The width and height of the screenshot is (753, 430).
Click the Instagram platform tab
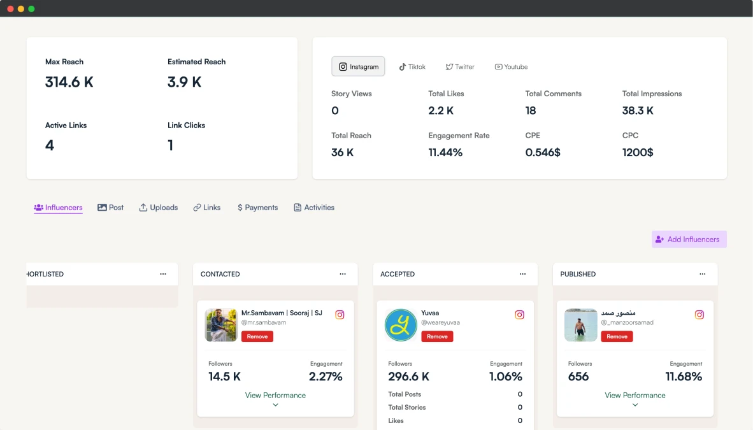pyautogui.click(x=358, y=66)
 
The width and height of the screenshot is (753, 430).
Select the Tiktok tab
pyautogui.click(x=412, y=67)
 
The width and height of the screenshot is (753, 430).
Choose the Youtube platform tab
pyautogui.click(x=511, y=67)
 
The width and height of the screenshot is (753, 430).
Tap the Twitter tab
pyautogui.click(x=459, y=67)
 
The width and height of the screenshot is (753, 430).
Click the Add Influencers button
pyautogui.click(x=689, y=240)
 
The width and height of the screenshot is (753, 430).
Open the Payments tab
pyautogui.click(x=257, y=208)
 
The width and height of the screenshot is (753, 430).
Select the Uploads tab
pyautogui.click(x=159, y=208)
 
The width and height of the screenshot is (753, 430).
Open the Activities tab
pyautogui.click(x=314, y=208)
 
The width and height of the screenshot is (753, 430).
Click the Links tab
pyautogui.click(x=207, y=208)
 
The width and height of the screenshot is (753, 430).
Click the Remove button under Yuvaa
pyautogui.click(x=437, y=336)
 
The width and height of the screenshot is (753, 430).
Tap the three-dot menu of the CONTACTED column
pyautogui.click(x=342, y=274)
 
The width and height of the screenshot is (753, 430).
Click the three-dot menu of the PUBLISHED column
pyautogui.click(x=702, y=274)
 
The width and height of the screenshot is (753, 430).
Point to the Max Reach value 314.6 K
pyautogui.click(x=69, y=82)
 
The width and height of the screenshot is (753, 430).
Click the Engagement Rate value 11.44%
pyautogui.click(x=445, y=152)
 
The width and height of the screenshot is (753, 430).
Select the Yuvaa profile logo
pyautogui.click(x=401, y=325)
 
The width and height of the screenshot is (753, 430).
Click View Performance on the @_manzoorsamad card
pyautogui.click(x=635, y=396)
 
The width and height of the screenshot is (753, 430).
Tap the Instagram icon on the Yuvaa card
pyautogui.click(x=519, y=315)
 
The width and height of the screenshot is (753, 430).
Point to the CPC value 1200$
pyautogui.click(x=638, y=152)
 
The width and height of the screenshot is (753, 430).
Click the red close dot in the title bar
pyautogui.click(x=10, y=9)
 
